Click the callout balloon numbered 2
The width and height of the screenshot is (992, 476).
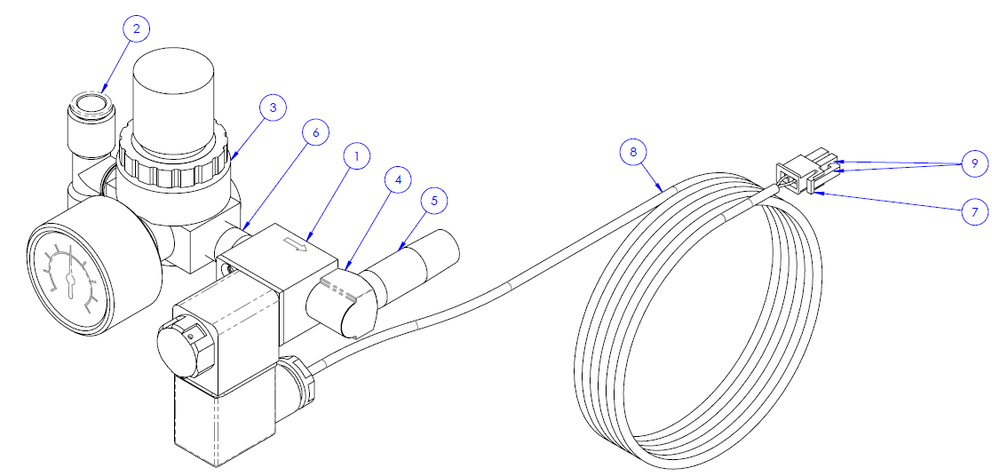click(137, 29)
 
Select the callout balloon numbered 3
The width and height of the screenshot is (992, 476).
click(272, 107)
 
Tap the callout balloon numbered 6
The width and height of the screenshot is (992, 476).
click(315, 132)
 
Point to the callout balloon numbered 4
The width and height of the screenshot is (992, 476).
click(398, 180)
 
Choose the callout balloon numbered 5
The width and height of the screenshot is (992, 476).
click(433, 202)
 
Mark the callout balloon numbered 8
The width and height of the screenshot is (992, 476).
click(633, 152)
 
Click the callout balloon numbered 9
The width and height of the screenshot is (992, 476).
click(973, 164)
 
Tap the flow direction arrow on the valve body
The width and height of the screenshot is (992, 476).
click(296, 244)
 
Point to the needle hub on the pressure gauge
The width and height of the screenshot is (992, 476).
click(69, 279)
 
